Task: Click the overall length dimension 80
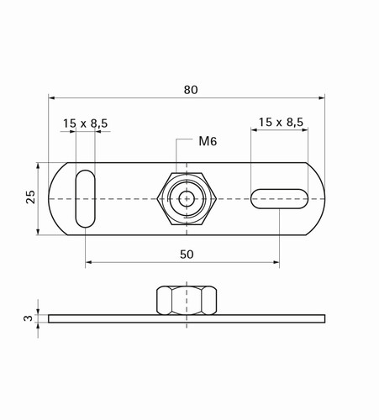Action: [x=191, y=90]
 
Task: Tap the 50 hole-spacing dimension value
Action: [x=187, y=255]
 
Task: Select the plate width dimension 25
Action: [x=30, y=197]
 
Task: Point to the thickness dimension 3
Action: [x=29, y=318]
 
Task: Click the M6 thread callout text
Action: [x=208, y=141]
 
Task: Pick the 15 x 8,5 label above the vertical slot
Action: [x=85, y=123]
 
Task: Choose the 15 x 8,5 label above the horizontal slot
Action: [x=281, y=122]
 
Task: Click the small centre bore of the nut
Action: [x=187, y=199]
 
